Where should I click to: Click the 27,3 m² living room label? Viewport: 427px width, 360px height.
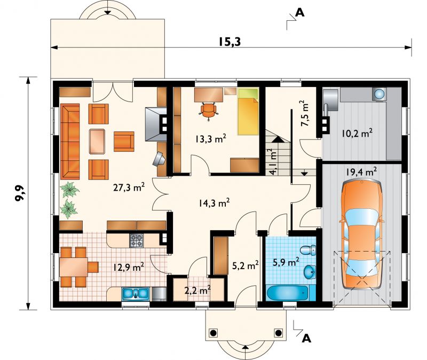(129, 188)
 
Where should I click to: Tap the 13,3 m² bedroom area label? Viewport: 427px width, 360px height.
(210, 139)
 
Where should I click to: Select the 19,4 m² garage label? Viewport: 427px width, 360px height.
(362, 171)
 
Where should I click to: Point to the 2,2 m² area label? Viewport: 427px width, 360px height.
(197, 291)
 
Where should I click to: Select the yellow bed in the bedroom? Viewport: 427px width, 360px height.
(248, 112)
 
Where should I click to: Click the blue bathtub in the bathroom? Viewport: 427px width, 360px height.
(288, 293)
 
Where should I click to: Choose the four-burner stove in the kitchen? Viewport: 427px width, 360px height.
(136, 241)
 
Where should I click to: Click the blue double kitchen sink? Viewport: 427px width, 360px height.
(136, 294)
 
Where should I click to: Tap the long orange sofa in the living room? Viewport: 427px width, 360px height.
(70, 141)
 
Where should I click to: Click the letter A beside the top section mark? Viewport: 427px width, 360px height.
(299, 12)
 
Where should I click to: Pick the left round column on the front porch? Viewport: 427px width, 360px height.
(213, 333)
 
